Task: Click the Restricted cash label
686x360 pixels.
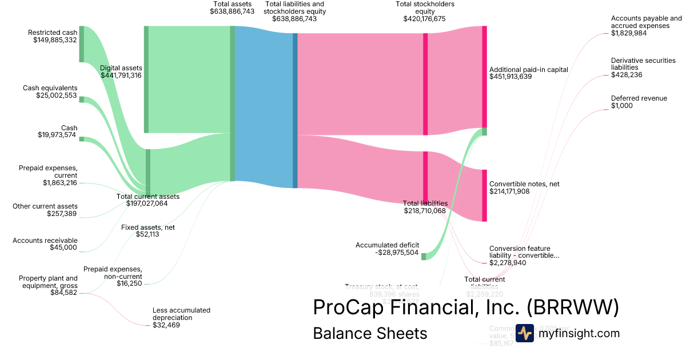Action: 53,33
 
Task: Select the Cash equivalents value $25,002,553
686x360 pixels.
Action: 56,95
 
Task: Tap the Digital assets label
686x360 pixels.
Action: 121,67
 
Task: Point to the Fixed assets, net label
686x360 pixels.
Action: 148,227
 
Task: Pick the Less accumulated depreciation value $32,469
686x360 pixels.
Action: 165,325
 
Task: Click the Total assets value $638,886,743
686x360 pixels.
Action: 232,11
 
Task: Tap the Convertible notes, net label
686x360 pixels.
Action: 524,184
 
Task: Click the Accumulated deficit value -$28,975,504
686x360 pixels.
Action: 387,253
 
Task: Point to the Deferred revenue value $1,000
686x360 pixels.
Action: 622,106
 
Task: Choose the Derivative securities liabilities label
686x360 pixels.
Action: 643,64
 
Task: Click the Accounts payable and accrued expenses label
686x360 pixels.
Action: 646,22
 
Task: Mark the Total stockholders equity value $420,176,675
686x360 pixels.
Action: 424,19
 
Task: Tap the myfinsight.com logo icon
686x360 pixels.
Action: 524,333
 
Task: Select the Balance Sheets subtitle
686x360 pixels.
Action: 370,333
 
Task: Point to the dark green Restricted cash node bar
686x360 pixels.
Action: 82,43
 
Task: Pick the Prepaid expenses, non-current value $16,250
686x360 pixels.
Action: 129,283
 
